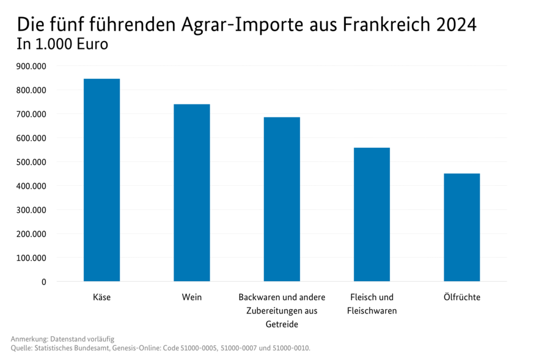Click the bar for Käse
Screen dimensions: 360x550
click(x=101, y=180)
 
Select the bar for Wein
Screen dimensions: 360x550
click(x=192, y=193)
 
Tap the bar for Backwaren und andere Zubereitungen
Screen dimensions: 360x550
click(x=282, y=199)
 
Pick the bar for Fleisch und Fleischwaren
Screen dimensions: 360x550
click(x=372, y=215)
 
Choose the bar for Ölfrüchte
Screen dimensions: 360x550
click(x=461, y=227)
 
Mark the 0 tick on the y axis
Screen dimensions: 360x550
click(x=43, y=282)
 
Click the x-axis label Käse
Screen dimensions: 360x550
click(x=101, y=298)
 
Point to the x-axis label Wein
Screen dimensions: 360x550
click(x=192, y=298)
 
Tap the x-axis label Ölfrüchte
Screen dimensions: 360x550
click(x=461, y=298)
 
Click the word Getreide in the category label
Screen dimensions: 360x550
click(x=282, y=324)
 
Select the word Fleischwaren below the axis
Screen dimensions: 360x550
click(x=372, y=311)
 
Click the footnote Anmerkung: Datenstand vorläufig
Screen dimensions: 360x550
click(x=62, y=339)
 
